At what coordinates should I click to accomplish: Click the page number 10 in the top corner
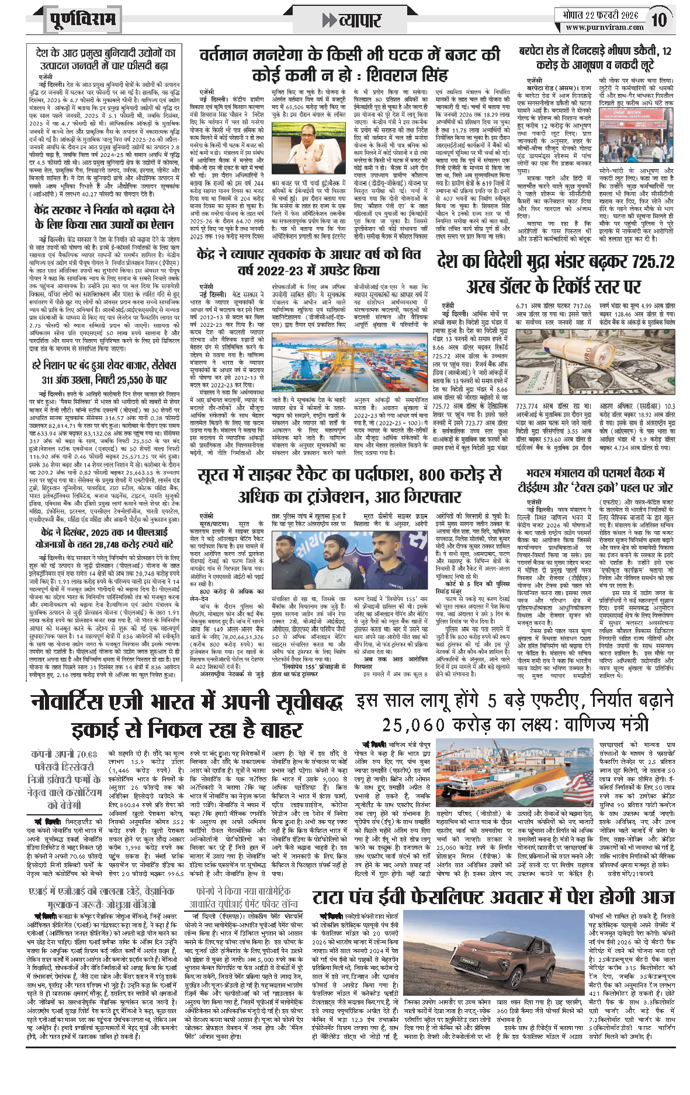(x=659, y=20)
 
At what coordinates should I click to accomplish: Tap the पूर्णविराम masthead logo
(x=82, y=20)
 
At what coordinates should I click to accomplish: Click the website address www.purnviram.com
(x=604, y=27)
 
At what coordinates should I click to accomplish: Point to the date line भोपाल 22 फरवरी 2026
(x=601, y=15)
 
